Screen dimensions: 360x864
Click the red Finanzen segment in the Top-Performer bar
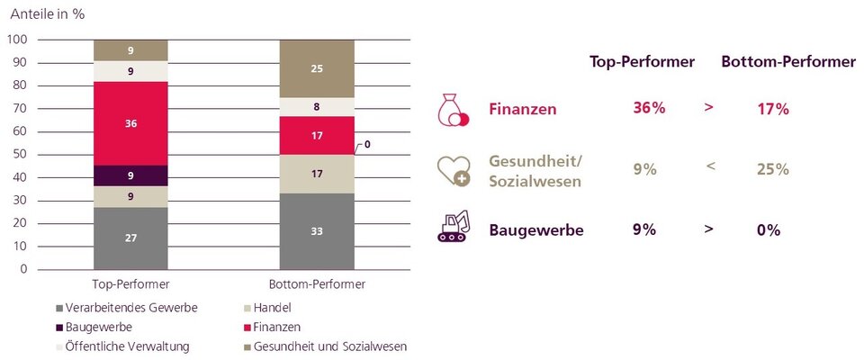(x=130, y=123)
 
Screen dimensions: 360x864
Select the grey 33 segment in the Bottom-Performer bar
(x=317, y=231)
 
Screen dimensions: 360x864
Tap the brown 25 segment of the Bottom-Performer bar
(x=317, y=68)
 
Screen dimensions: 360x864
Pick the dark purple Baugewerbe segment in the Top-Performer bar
(x=130, y=175)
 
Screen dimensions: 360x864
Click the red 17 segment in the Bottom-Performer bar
(x=317, y=136)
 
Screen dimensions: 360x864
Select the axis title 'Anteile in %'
(x=49, y=14)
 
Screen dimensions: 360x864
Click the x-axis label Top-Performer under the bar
(x=130, y=283)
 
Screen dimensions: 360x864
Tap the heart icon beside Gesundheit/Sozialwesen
(x=453, y=169)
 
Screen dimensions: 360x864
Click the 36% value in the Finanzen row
(x=649, y=109)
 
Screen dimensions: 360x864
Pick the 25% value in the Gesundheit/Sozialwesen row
(x=772, y=169)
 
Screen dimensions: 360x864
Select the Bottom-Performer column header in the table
(x=787, y=62)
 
